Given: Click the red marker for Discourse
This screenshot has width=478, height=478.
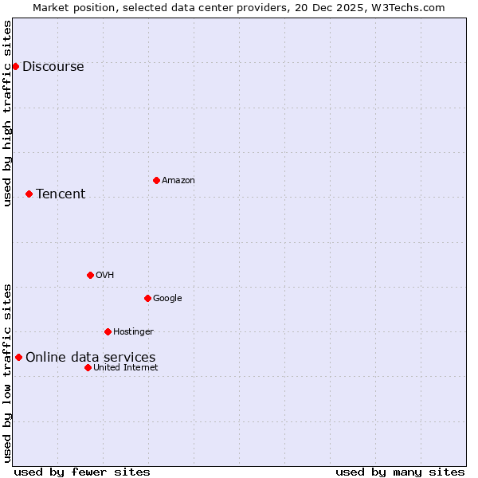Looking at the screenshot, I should coord(15,66).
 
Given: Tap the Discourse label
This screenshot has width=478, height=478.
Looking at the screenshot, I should coord(53,67).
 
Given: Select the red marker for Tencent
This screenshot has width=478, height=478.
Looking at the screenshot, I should coord(29,194).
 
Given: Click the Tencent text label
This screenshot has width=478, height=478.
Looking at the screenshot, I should coord(61,194).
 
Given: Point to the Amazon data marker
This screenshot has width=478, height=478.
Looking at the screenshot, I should coord(156,180).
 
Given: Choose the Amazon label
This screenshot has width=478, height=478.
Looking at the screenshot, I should coord(178,181).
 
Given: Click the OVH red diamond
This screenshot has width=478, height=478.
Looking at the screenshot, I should coord(90,275).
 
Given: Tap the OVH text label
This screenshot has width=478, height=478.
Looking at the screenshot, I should coord(105,276).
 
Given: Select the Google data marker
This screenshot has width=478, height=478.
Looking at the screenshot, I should coord(147,298).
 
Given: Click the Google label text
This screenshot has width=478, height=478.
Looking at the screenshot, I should coord(167,299).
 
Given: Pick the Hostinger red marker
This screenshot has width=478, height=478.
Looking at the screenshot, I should coord(108,331).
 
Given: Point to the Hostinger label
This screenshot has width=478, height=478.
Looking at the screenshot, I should coord(133,332).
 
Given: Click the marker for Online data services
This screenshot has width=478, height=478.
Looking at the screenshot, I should coord(18,357).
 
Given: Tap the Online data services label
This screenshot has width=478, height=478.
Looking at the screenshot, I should coord(91,358).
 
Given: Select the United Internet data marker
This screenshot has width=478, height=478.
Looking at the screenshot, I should coord(88,367).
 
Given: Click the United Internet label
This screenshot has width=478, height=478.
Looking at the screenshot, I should coord(126,368).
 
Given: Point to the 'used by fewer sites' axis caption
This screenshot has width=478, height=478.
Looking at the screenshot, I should coord(82,472).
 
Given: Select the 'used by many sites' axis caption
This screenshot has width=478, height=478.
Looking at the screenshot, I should coord(400,472).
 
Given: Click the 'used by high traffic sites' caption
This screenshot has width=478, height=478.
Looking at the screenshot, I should coord(8,113).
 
